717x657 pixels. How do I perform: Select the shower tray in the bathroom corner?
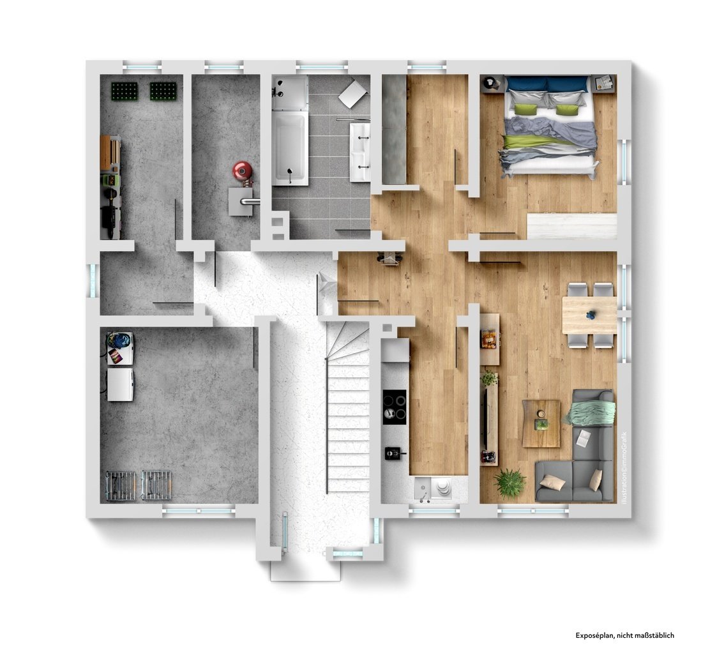coord(291,93)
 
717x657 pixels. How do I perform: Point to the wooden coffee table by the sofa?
coord(541,423)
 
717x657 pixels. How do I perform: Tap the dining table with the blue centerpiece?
coord(589,315)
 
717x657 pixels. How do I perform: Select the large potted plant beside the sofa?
coord(509,482)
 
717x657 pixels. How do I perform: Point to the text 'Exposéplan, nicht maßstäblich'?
coord(624,635)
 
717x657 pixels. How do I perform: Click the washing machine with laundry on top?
coord(120,348)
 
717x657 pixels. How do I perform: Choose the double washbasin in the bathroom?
coord(360,152)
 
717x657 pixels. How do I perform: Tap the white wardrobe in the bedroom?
coord(571,226)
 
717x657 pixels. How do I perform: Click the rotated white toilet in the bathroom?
coord(354,93)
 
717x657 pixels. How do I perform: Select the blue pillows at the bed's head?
coord(547,84)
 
